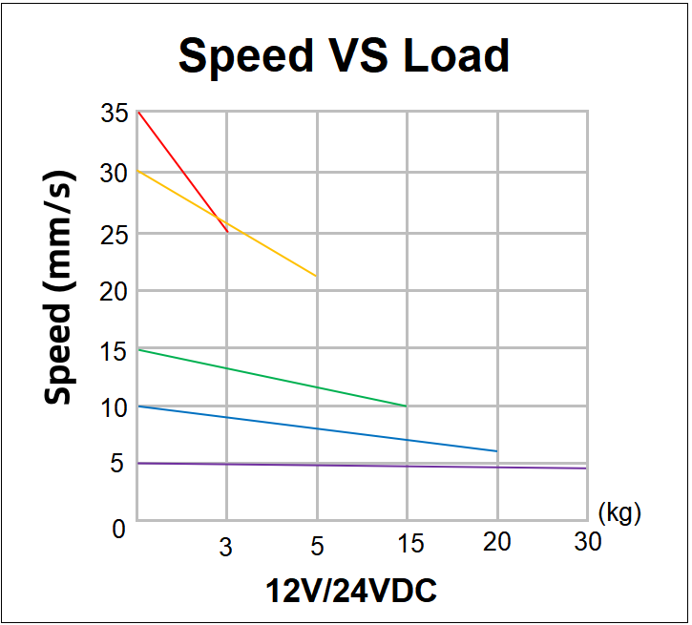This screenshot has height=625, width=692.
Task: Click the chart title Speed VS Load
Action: (344, 56)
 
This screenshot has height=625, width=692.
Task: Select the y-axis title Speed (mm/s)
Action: (59, 289)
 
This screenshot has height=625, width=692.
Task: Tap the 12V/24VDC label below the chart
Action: (351, 592)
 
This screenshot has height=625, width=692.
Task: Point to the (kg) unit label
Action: (619, 512)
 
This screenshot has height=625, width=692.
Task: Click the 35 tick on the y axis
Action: (113, 115)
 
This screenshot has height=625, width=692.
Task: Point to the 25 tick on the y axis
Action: (113, 233)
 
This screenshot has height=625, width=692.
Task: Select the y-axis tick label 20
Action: (113, 291)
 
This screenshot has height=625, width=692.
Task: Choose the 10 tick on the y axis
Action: (113, 408)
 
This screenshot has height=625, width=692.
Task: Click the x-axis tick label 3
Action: (226, 547)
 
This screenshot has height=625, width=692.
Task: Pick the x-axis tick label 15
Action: (410, 544)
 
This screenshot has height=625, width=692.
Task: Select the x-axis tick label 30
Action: (588, 542)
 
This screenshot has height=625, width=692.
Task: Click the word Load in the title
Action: (455, 56)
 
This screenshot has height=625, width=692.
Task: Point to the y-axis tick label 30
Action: (113, 174)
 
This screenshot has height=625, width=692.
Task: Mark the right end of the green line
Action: (406, 406)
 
